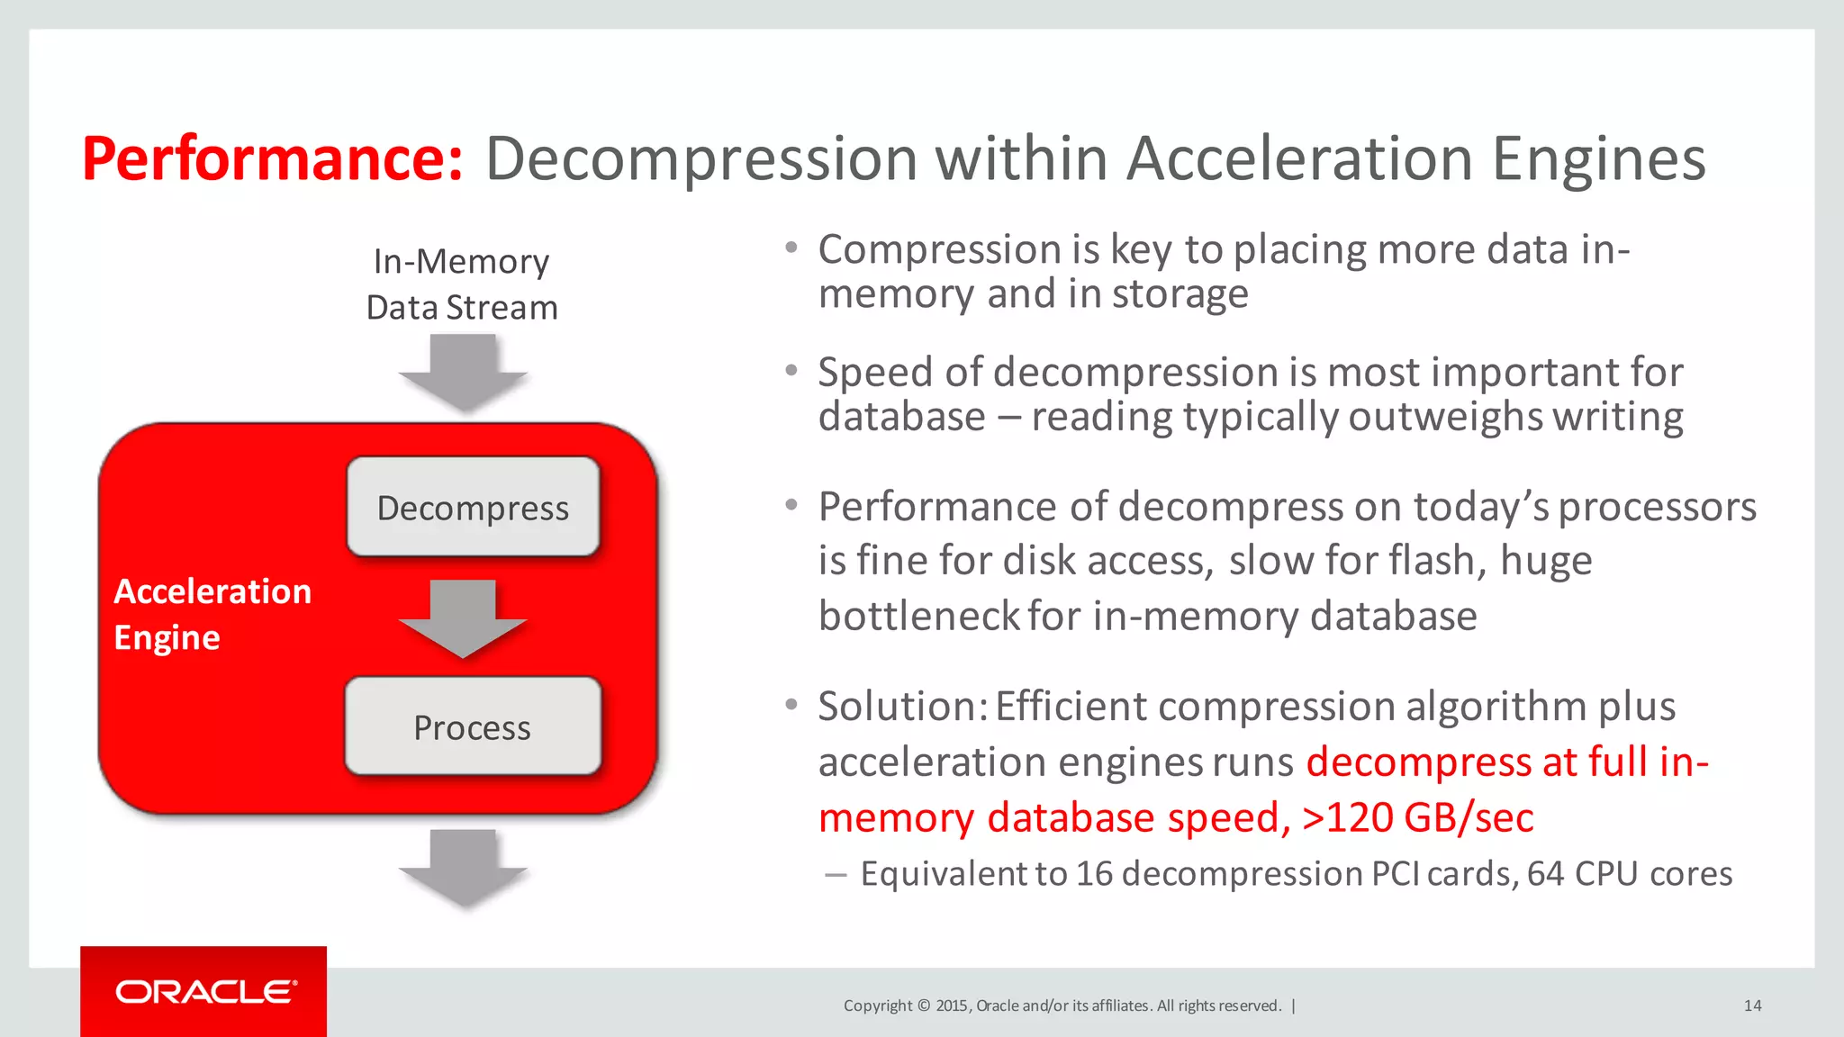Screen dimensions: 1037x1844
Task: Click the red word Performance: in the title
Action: [x=272, y=159]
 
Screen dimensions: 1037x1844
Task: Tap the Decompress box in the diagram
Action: [x=473, y=508]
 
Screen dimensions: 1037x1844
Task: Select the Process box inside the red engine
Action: [x=473, y=727]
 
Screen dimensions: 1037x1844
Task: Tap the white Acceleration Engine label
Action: [x=212, y=614]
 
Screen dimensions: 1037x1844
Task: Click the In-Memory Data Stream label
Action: [x=461, y=284]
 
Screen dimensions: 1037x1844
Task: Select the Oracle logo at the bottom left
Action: [x=204, y=992]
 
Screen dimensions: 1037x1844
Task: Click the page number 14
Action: [x=1752, y=1005]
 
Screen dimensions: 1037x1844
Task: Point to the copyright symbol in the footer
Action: [x=923, y=1005]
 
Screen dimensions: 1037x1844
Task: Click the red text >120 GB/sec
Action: [x=1417, y=818]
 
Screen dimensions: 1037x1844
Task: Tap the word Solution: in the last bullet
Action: [x=903, y=707]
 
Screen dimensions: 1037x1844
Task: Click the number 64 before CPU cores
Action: [x=1545, y=874]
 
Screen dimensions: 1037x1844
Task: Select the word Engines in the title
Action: [x=1598, y=159]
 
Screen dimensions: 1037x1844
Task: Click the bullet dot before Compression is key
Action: [x=791, y=248]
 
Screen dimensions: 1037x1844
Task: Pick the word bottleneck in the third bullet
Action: [x=918, y=617]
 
